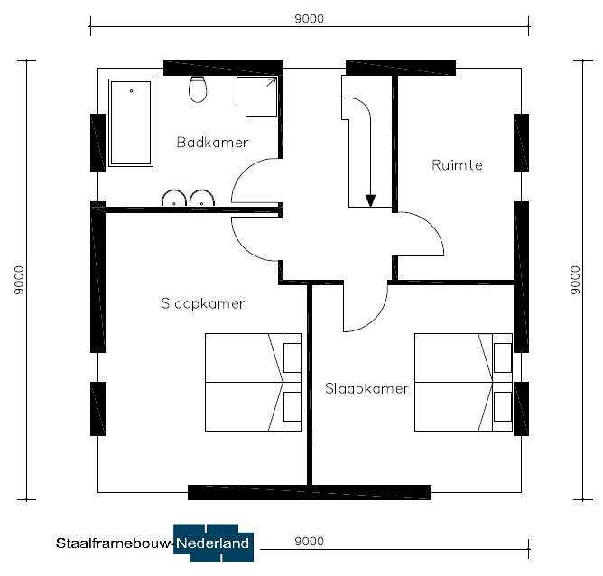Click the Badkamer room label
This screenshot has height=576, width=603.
coord(213,143)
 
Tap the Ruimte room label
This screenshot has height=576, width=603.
coord(457,165)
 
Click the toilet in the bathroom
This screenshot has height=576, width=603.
coord(198,89)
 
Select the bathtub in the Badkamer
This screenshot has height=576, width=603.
coord(131,123)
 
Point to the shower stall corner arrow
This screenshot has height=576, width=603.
coord(272,81)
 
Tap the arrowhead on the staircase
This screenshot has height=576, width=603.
coord(370,201)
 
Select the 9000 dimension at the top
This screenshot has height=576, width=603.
coord(310,19)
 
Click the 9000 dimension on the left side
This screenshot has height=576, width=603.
coord(19,280)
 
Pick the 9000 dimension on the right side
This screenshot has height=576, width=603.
coord(575,280)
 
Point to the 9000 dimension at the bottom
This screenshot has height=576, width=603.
coord(310,541)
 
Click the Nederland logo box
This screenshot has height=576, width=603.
coord(213,543)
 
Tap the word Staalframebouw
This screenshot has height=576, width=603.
coord(113,543)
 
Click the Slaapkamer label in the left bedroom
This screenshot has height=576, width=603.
coord(203,303)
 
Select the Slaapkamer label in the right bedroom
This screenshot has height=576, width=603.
coord(366,389)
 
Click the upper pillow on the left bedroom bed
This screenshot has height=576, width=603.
coord(292,358)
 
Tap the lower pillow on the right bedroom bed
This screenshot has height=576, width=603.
coord(503,406)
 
